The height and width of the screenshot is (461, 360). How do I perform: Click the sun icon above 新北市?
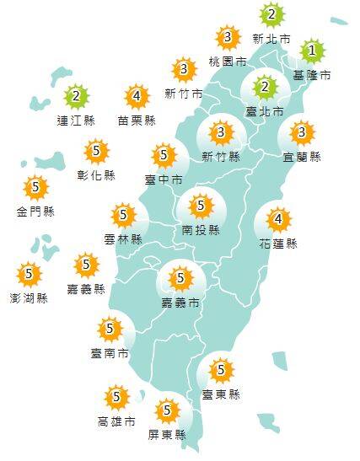click(x=271, y=14)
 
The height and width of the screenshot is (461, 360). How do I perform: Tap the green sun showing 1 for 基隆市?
click(x=311, y=51)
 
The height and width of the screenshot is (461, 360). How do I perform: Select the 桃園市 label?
click(x=228, y=62)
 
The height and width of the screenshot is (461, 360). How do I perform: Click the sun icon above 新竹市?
click(x=184, y=69)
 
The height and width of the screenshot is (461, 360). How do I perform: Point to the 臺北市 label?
click(x=263, y=110)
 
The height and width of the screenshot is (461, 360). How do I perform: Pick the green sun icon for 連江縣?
click(x=76, y=95)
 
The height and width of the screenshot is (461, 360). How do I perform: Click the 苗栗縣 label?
click(x=137, y=121)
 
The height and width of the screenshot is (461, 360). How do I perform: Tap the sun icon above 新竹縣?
click(x=222, y=132)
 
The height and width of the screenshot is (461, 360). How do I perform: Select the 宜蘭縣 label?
click(x=303, y=156)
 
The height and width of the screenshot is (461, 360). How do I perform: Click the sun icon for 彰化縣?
click(x=98, y=152)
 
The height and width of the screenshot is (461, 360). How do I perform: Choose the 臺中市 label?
click(x=164, y=179)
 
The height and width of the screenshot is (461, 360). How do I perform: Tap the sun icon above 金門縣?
click(x=35, y=187)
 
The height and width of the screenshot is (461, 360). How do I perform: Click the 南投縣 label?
click(x=201, y=229)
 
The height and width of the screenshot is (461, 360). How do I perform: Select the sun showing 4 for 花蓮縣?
click(x=278, y=221)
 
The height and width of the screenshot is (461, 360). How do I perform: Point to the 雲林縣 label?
click(x=124, y=239)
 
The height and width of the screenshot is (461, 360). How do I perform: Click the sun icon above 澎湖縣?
click(x=30, y=273)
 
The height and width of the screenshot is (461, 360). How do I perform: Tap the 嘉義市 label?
click(x=180, y=301)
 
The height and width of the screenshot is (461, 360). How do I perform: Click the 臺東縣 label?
click(x=221, y=394)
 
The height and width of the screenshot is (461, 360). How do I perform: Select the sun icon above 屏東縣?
click(x=169, y=410)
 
